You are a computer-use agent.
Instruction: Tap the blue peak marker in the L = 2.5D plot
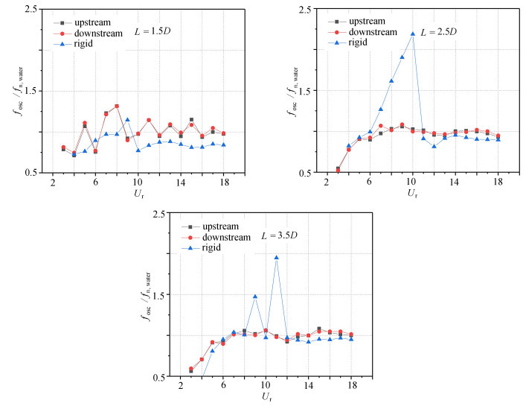[x=412, y=34]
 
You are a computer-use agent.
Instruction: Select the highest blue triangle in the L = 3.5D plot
[x=277, y=258]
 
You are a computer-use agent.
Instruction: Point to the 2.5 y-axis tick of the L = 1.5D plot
[x=32, y=10]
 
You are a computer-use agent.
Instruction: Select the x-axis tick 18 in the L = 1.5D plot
[x=223, y=183]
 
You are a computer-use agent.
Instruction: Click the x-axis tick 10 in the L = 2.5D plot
[x=412, y=183]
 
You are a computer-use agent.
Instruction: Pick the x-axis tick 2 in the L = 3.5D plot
[x=180, y=387]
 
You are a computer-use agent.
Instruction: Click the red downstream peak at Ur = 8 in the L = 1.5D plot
[x=117, y=106]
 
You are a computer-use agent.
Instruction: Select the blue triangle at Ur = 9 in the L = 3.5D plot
[x=255, y=296]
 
